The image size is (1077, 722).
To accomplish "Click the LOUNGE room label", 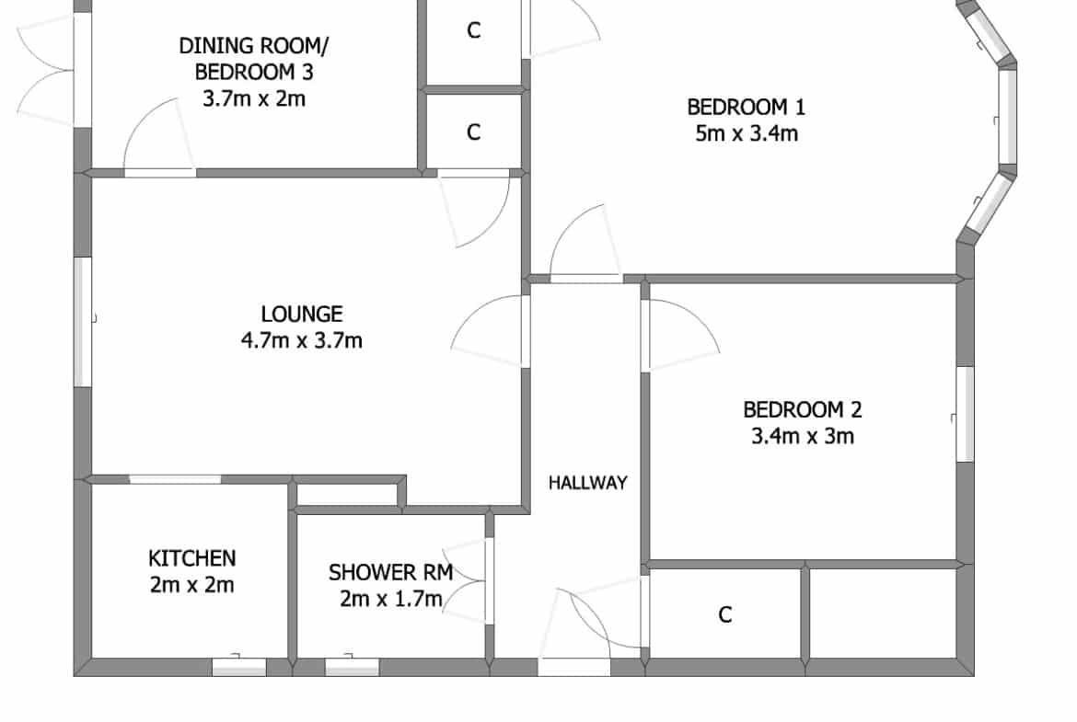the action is (302, 315).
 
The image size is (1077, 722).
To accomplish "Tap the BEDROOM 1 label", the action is (746, 107).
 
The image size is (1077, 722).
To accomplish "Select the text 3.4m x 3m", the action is (803, 437).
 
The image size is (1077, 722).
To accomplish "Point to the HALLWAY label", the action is (588, 483).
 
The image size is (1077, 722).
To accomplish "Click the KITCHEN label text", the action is (192, 558).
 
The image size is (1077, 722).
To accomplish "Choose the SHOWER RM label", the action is (391, 572).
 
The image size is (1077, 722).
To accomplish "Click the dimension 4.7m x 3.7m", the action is (302, 340).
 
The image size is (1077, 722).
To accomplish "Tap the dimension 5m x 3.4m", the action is (747, 133).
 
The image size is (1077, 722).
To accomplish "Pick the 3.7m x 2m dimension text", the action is (254, 98).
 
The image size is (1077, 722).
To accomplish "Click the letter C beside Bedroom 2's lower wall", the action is (725, 615).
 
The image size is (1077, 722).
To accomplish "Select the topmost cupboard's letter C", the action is (474, 30).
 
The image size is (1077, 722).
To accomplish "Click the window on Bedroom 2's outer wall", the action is (965, 414).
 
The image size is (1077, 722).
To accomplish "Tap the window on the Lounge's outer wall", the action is (83, 322).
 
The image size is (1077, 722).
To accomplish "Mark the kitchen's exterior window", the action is (239, 667).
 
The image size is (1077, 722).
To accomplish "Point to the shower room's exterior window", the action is (352, 667).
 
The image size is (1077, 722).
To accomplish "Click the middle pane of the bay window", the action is (1008, 116).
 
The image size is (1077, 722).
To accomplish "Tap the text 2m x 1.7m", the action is (391, 599).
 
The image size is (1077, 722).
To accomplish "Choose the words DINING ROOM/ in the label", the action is (254, 46).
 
